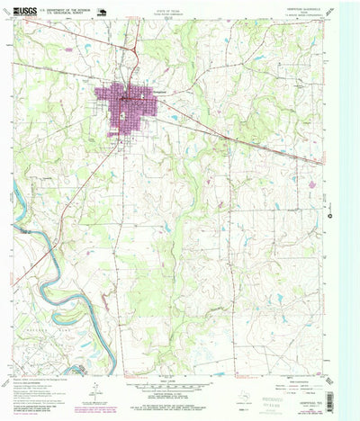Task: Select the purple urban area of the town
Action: pyautogui.click(x=133, y=108)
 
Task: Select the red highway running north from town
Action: pyautogui.click(x=132, y=45)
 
